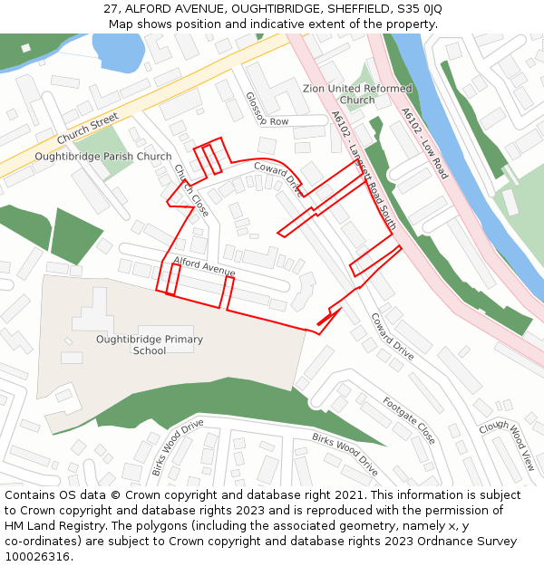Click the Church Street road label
coord(88,129)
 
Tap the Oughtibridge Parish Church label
coord(102,157)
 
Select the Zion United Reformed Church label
coord(357,94)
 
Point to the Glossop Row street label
coord(267,110)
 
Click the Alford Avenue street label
coord(204,266)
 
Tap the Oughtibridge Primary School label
coord(150,345)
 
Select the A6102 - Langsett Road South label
coord(364,169)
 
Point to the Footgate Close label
coord(409,420)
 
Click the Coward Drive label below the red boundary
coord(392,336)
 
